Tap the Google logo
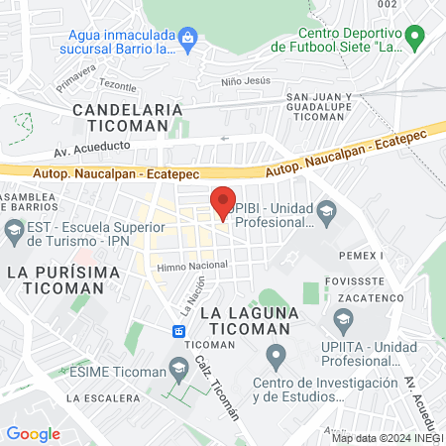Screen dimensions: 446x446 pos(33,433)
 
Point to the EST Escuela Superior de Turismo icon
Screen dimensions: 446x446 pos(13,234)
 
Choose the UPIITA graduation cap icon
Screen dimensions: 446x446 pos(343,318)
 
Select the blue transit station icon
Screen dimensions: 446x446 pos(179,330)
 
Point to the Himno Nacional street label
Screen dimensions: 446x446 pos(192,265)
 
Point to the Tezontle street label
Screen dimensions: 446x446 pos(117,87)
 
